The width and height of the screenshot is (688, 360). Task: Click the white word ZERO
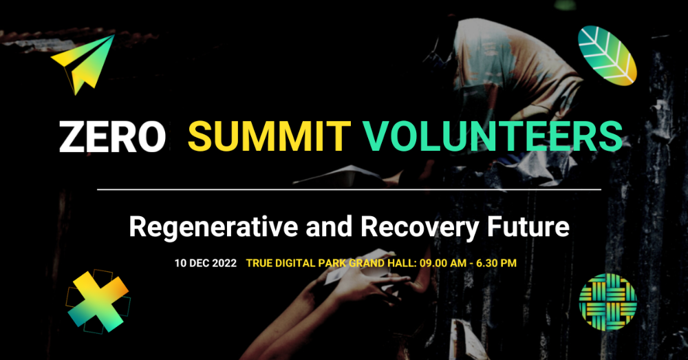[112, 137]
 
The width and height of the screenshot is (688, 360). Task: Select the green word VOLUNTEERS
[492, 137]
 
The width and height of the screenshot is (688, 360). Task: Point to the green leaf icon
[607, 55]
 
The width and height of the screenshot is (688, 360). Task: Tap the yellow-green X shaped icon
[98, 300]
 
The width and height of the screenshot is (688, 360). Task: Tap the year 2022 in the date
[223, 263]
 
